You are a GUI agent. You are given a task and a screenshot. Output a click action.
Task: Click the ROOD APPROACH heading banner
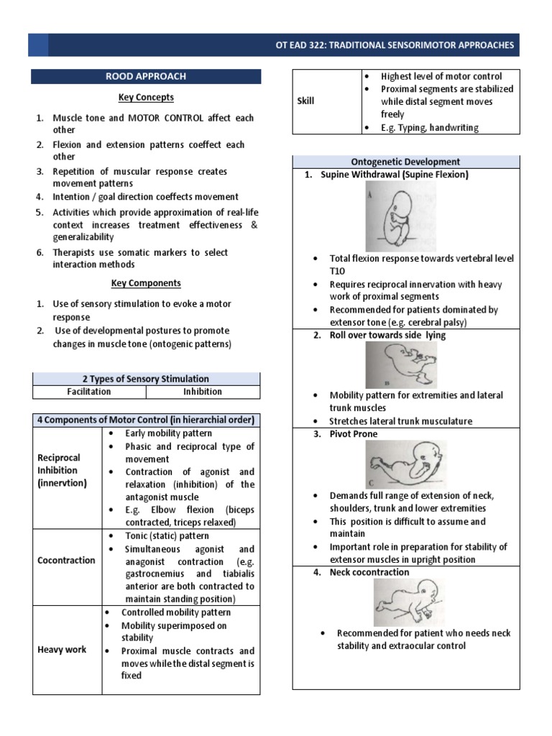[x=146, y=77]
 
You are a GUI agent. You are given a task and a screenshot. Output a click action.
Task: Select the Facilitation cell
[x=89, y=392]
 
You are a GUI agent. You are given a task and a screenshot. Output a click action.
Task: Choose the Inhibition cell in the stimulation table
[x=203, y=392]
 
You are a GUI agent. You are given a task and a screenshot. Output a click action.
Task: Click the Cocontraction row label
[x=66, y=560]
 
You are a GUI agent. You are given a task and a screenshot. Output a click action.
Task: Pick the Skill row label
[x=306, y=101]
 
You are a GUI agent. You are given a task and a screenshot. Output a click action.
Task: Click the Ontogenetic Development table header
[x=405, y=162]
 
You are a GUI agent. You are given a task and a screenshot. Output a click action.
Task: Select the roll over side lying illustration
[x=400, y=364]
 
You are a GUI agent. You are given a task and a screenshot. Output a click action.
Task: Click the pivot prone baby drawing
[x=405, y=464]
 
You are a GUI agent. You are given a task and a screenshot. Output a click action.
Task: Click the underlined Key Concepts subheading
[x=146, y=97]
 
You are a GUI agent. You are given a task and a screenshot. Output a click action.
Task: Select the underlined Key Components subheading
[x=146, y=283]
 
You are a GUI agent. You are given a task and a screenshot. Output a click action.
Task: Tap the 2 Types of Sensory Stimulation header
[x=146, y=379]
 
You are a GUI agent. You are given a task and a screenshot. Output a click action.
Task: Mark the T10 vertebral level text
[x=339, y=271]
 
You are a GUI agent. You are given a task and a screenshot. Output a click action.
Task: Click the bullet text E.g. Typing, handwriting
[x=429, y=127]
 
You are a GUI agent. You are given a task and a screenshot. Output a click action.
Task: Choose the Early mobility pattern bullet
[x=168, y=433]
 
